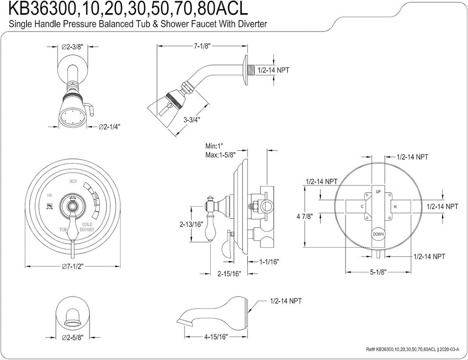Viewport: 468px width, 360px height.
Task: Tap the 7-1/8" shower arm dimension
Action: [x=202, y=46]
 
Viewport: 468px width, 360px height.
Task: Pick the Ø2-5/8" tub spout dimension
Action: [x=73, y=338]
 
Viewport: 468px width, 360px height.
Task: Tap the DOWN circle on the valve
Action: [x=378, y=233]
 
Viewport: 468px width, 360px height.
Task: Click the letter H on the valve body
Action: [x=395, y=207]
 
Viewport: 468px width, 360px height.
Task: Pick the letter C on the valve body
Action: [x=362, y=207]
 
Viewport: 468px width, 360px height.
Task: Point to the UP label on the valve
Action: [x=378, y=191]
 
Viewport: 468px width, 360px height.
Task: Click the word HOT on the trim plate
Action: [x=73, y=182]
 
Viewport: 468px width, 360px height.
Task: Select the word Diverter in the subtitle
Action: [x=251, y=24]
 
